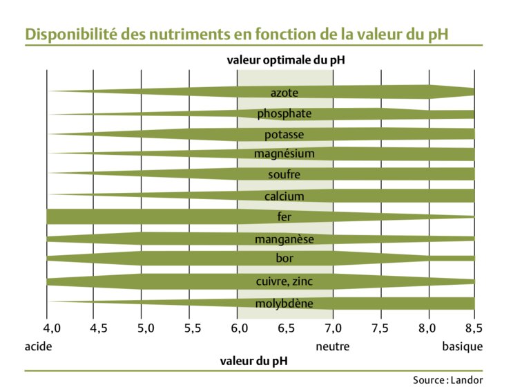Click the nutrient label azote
pyautogui.click(x=284, y=92)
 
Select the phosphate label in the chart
pyautogui.click(x=284, y=113)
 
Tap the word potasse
pyautogui.click(x=284, y=134)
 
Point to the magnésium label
pyautogui.click(x=284, y=153)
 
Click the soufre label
pyautogui.click(x=284, y=175)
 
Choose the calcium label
pyautogui.click(x=284, y=196)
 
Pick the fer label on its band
pyautogui.click(x=284, y=216)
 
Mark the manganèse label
pyautogui.click(x=284, y=239)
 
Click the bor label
pyautogui.click(x=284, y=259)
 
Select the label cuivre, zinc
pyautogui.click(x=284, y=281)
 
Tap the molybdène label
pyautogui.click(x=284, y=304)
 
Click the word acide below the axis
pyautogui.click(x=38, y=346)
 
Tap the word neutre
pyautogui.click(x=333, y=346)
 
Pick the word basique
pyautogui.click(x=462, y=346)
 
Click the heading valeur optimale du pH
pyautogui.click(x=286, y=59)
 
